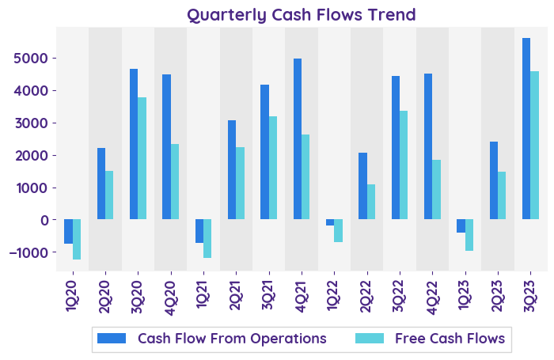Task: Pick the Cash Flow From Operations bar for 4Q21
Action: tap(298, 138)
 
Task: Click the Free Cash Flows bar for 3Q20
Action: tap(142, 158)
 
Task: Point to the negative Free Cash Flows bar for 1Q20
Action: tap(77, 239)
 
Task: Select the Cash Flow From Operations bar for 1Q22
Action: tap(330, 222)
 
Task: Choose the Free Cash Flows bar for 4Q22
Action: tap(437, 189)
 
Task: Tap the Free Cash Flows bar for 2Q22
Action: tap(371, 202)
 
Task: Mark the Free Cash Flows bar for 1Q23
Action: tap(469, 235)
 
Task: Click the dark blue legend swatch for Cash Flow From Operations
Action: tap(112, 339)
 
